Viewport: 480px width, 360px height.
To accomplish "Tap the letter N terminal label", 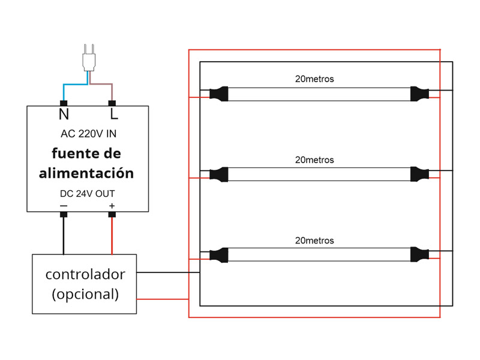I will pos(64,114).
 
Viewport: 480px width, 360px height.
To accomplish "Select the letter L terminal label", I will pos(113,114).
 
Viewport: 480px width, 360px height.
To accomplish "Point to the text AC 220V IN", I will pos(88,134).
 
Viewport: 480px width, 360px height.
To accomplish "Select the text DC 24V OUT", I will pos(88,194).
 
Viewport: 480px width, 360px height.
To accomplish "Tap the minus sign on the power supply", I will pos(64,206).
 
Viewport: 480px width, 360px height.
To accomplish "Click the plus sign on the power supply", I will pos(112,206).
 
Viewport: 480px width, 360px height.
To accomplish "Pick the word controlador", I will pos(85,274).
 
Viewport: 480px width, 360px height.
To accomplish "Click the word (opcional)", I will pos(85,295).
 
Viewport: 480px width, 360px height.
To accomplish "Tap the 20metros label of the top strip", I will pos(314,79).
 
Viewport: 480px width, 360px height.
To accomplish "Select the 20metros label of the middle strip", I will pos(314,160).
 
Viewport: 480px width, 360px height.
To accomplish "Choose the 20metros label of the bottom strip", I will pos(314,241).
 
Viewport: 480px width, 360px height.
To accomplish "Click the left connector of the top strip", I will pos(219,94).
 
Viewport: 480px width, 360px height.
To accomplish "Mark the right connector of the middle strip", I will pos(419,174).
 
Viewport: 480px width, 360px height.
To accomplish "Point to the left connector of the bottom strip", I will pos(219,255).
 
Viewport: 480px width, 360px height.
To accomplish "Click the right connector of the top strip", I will pos(419,94).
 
